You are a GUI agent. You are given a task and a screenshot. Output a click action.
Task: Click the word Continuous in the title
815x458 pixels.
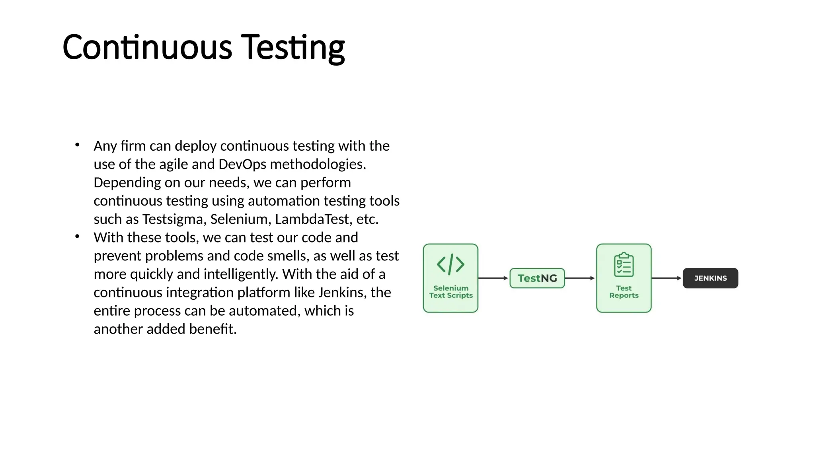tap(147, 47)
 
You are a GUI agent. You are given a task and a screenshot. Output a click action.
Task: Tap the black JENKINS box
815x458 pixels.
tap(710, 278)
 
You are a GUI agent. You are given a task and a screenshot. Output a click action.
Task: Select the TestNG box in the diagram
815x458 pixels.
tap(537, 278)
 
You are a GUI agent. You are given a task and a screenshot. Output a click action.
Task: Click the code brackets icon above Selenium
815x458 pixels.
tap(450, 264)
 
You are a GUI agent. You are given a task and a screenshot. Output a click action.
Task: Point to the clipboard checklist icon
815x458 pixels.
tap(624, 264)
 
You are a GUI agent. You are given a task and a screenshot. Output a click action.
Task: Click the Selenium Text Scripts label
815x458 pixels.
tap(451, 292)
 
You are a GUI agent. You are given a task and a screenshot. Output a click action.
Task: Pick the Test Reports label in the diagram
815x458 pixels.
tap(624, 292)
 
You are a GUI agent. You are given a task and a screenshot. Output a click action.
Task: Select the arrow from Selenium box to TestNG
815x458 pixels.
tap(493, 278)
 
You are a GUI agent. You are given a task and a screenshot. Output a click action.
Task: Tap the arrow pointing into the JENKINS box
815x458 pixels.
tap(667, 278)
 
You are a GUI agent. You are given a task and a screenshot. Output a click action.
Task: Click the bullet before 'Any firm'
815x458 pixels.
tap(77, 145)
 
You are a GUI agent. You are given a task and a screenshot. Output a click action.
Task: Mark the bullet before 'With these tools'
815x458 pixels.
tap(77, 237)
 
